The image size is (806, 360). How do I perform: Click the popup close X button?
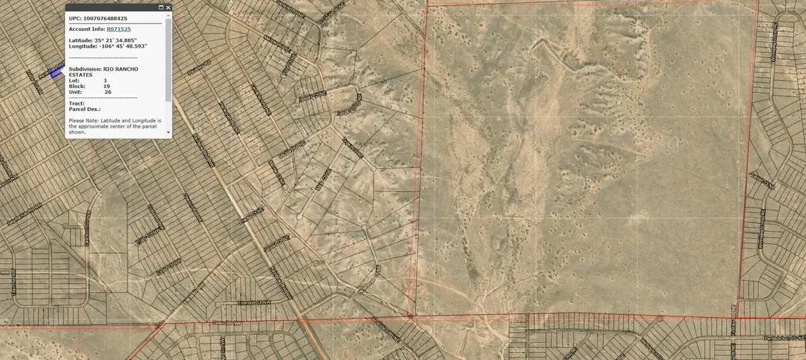167,8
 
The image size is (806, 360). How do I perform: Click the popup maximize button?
161,8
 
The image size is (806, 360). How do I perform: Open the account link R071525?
118,29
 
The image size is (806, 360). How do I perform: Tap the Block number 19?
106,86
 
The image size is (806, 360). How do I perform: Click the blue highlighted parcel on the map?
57,72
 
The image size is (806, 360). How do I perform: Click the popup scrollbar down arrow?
169,134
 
